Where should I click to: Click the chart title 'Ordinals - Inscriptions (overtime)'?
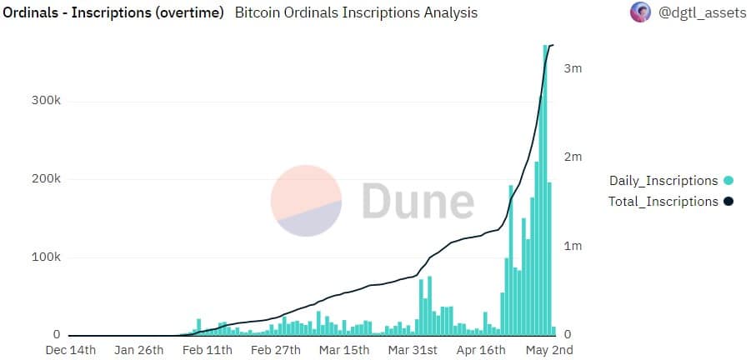[x=113, y=13]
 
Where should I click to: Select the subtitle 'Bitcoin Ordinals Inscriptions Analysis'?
[x=356, y=13]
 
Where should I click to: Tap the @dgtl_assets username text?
[x=702, y=12]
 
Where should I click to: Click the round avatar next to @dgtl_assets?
[x=640, y=12]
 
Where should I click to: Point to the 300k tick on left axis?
[x=47, y=102]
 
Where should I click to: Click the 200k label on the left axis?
[x=47, y=179]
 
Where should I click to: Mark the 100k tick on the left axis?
[x=47, y=257]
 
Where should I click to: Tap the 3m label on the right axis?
[x=573, y=68]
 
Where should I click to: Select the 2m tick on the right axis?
[x=573, y=157]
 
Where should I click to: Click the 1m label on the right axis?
[x=573, y=246]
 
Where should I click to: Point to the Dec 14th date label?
[x=70, y=350]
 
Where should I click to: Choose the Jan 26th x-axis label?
[x=139, y=350]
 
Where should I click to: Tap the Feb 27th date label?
[x=276, y=350]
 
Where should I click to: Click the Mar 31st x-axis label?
[x=413, y=350]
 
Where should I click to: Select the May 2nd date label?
[x=549, y=350]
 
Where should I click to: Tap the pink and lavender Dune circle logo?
[x=306, y=201]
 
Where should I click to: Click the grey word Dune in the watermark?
[x=418, y=200]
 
